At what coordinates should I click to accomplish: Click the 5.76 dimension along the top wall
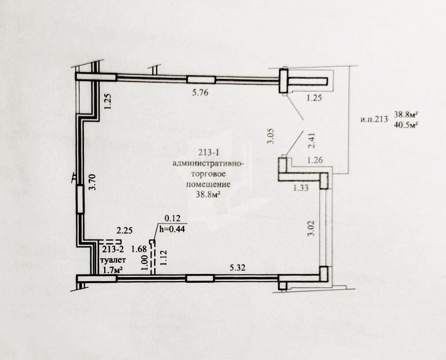tap(200, 93)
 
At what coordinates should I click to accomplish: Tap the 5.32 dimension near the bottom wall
tap(237, 267)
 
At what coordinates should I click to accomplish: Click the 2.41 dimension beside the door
tap(312, 140)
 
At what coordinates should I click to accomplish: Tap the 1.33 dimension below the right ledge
tap(301, 188)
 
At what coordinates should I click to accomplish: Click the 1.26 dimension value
tap(315, 160)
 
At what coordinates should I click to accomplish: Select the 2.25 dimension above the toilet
tap(125, 230)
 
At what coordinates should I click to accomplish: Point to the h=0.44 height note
tap(172, 229)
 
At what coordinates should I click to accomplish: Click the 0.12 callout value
tap(173, 219)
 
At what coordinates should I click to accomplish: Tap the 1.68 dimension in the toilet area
tap(139, 249)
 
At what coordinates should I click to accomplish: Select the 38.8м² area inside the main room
tap(209, 195)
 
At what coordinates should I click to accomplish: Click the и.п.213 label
tap(374, 119)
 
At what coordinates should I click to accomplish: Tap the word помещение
tap(208, 184)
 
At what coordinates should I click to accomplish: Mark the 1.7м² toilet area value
tap(113, 270)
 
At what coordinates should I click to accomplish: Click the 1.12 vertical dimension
tap(163, 257)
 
